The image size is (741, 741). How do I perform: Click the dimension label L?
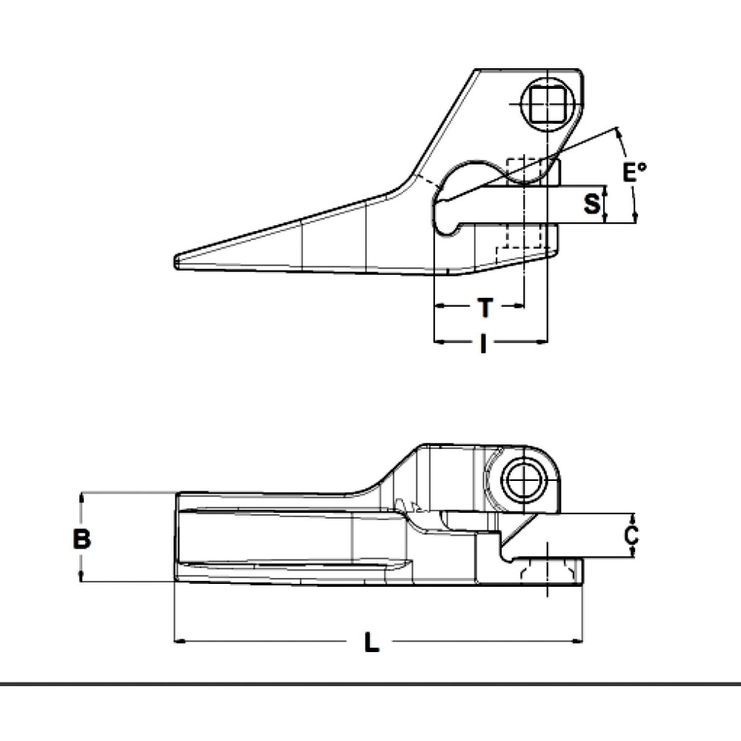click(x=371, y=642)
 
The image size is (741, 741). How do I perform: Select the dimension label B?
click(x=82, y=539)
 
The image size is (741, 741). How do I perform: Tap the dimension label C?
click(x=630, y=535)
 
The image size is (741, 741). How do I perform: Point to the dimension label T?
click(x=484, y=305)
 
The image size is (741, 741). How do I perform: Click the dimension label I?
click(x=483, y=343)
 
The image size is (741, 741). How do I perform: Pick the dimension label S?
click(x=591, y=204)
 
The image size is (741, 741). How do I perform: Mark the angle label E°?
click(x=634, y=173)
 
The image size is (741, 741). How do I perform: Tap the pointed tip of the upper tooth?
click(x=177, y=262)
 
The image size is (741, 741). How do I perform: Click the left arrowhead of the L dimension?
click(x=179, y=640)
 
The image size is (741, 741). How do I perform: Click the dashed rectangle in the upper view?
click(x=524, y=202)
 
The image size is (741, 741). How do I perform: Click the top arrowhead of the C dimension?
click(x=631, y=516)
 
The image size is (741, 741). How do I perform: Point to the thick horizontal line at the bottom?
click(x=370, y=683)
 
